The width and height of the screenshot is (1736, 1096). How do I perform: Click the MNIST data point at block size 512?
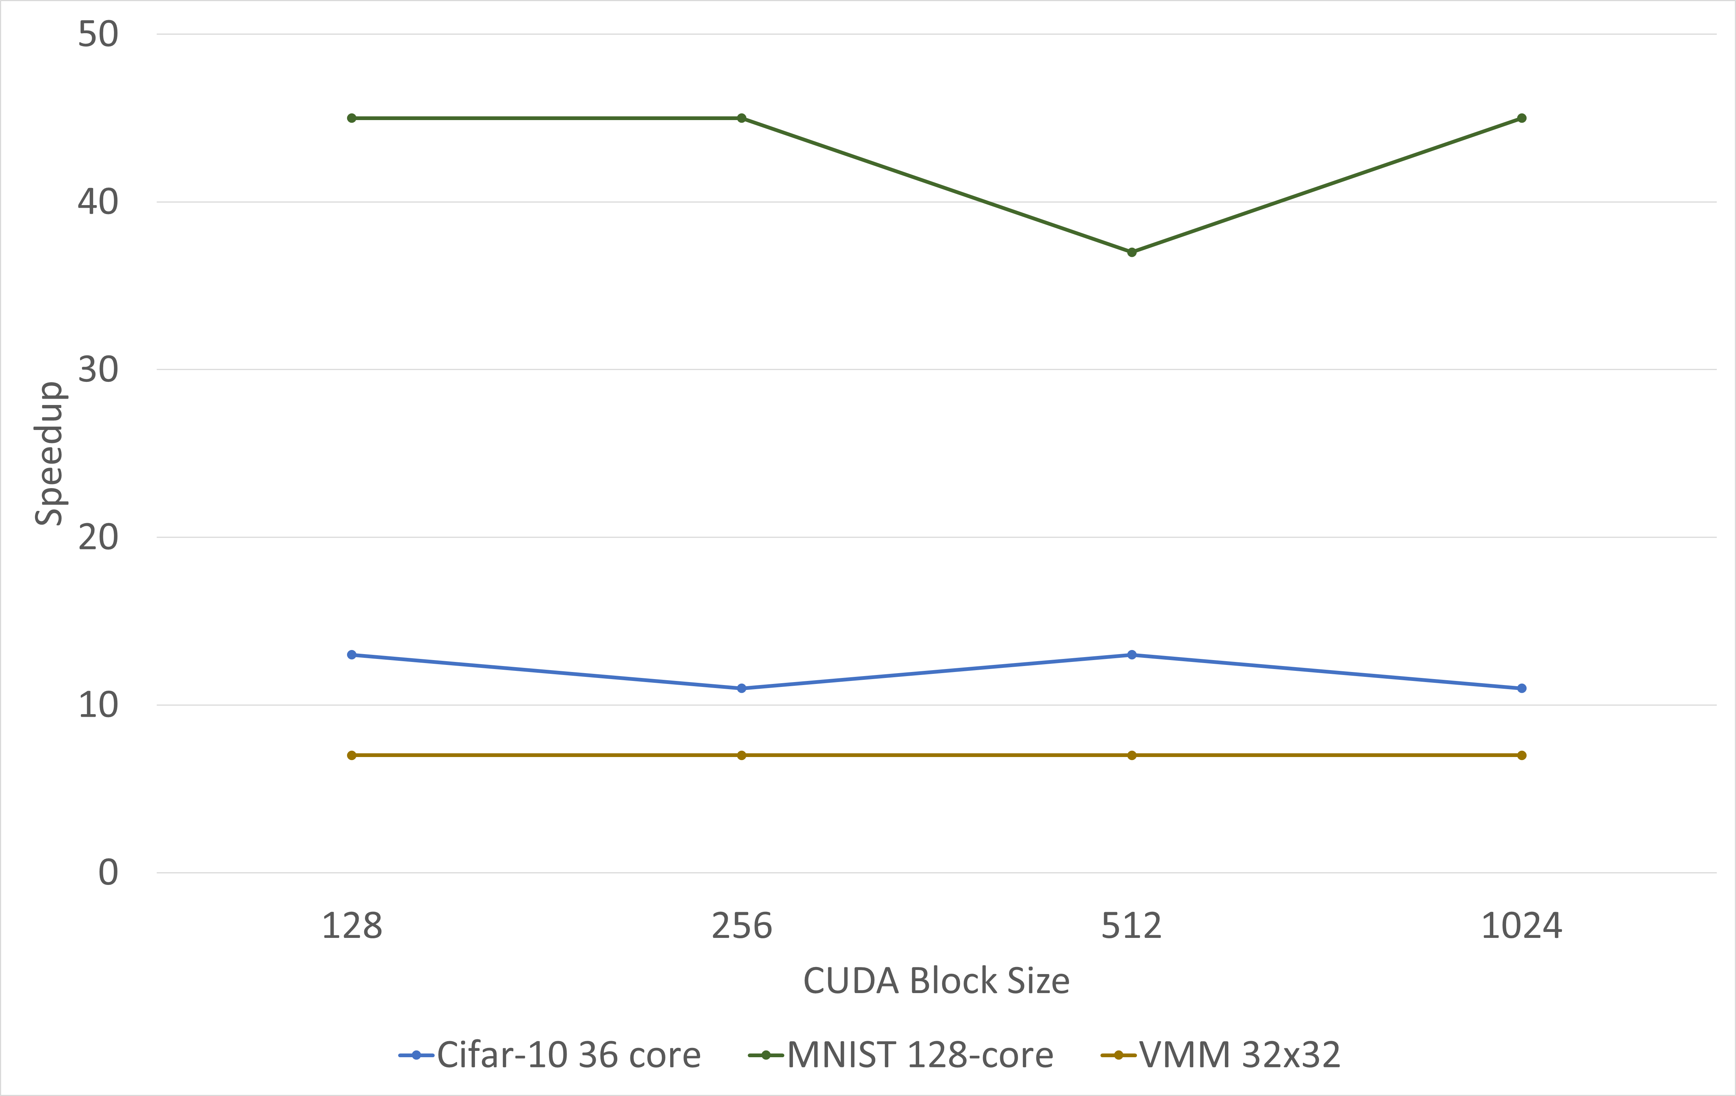pyautogui.click(x=1132, y=252)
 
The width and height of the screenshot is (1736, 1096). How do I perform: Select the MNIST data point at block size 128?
pyautogui.click(x=352, y=118)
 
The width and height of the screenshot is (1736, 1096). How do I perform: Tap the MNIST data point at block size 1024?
pyautogui.click(x=1522, y=118)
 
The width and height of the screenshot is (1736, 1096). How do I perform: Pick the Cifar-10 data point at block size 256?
pyautogui.click(x=742, y=689)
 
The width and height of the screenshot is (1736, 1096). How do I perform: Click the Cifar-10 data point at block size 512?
pyautogui.click(x=1132, y=655)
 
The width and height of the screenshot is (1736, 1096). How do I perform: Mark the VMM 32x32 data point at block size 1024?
pyautogui.click(x=1522, y=756)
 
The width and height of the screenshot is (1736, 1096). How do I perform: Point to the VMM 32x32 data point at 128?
pyautogui.click(x=352, y=756)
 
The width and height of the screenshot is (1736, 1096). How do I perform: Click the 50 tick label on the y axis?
pyautogui.click(x=98, y=35)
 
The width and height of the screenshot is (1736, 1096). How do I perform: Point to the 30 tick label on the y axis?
pyautogui.click(x=98, y=370)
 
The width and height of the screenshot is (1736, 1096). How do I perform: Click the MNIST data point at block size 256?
pyautogui.click(x=742, y=118)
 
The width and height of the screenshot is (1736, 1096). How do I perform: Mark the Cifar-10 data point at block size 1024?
pyautogui.click(x=1522, y=689)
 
